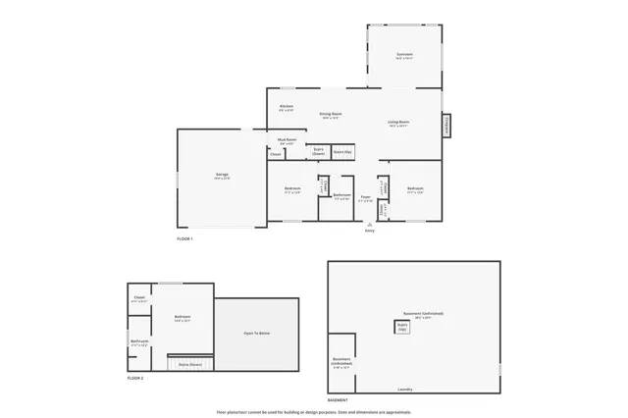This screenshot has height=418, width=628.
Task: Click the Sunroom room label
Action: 404,55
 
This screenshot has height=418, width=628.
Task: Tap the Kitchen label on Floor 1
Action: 287,107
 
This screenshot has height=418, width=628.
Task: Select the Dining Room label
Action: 331,115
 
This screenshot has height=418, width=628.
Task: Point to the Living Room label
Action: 398,124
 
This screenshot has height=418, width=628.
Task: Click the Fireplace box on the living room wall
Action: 447,126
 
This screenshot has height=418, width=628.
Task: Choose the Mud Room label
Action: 259,141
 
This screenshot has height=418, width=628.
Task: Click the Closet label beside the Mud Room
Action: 276,154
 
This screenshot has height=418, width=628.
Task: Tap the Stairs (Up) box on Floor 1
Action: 342,152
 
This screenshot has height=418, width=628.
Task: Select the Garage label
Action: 223,177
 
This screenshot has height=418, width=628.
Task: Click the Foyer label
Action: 365,198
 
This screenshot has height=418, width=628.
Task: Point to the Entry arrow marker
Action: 370,225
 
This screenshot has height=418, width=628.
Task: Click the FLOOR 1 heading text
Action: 185,239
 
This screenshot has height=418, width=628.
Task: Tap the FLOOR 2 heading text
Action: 135,378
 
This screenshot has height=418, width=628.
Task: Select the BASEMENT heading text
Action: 338,400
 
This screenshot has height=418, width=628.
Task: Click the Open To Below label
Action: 257,334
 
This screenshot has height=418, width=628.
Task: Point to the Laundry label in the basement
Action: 404,389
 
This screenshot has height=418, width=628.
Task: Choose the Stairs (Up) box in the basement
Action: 402,327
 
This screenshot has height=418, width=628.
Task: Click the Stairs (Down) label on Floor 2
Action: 189,364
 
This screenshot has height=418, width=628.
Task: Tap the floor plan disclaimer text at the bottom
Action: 314,412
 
